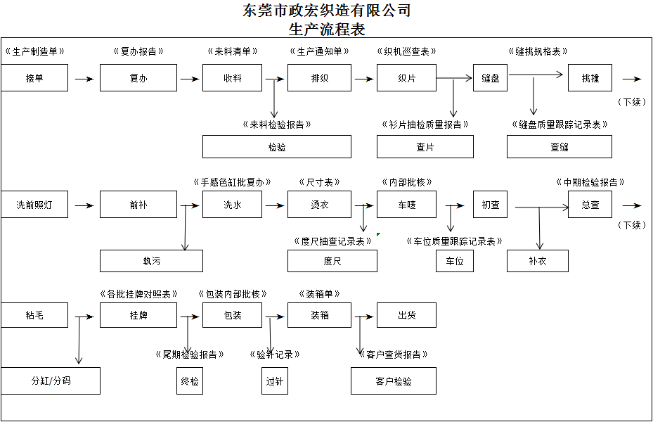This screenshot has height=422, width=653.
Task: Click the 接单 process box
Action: tap(34, 78)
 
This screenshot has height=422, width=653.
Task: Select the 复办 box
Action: tap(138, 78)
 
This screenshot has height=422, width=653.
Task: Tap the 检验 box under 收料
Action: tap(276, 147)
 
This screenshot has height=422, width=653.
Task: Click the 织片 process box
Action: tap(406, 78)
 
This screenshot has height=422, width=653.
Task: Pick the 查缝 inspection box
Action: tap(559, 147)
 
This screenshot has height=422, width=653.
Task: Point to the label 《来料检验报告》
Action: tap(276, 124)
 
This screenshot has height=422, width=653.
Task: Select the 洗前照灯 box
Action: tap(34, 205)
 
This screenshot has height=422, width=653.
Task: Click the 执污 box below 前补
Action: tap(151, 261)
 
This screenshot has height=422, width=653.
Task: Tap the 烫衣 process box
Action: tap(319, 205)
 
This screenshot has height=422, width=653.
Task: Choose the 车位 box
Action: tap(454, 261)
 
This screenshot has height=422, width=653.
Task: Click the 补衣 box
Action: tap(537, 261)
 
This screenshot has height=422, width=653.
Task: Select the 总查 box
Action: tap(590, 205)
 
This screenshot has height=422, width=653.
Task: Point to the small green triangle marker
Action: tap(378, 234)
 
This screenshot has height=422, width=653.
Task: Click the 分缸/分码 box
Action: tap(51, 381)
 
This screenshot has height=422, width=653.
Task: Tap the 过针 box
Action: tap(274, 381)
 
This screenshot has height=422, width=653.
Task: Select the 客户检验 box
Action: tap(394, 381)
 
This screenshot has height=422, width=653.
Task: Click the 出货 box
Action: tap(406, 315)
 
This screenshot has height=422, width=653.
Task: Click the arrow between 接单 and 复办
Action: tap(84, 79)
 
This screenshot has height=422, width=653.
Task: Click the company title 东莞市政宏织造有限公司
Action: tap(326, 11)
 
